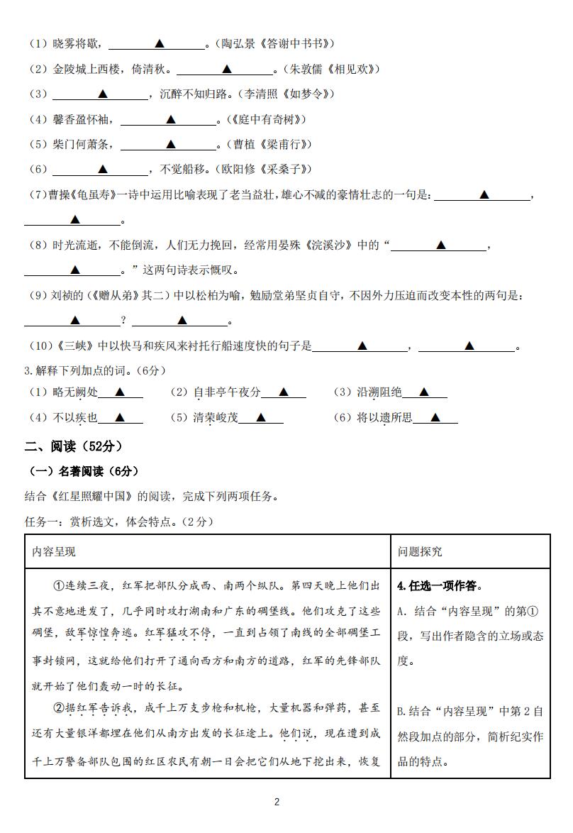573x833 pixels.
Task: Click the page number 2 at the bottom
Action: [277, 802]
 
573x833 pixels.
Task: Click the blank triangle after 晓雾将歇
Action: [160, 44]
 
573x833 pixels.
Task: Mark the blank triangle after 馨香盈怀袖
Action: [170, 119]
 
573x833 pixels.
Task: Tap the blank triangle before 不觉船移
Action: [102, 169]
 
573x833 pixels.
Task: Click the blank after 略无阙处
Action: [120, 392]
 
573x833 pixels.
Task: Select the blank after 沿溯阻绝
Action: [423, 392]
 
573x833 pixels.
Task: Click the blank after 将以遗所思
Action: [435, 417]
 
